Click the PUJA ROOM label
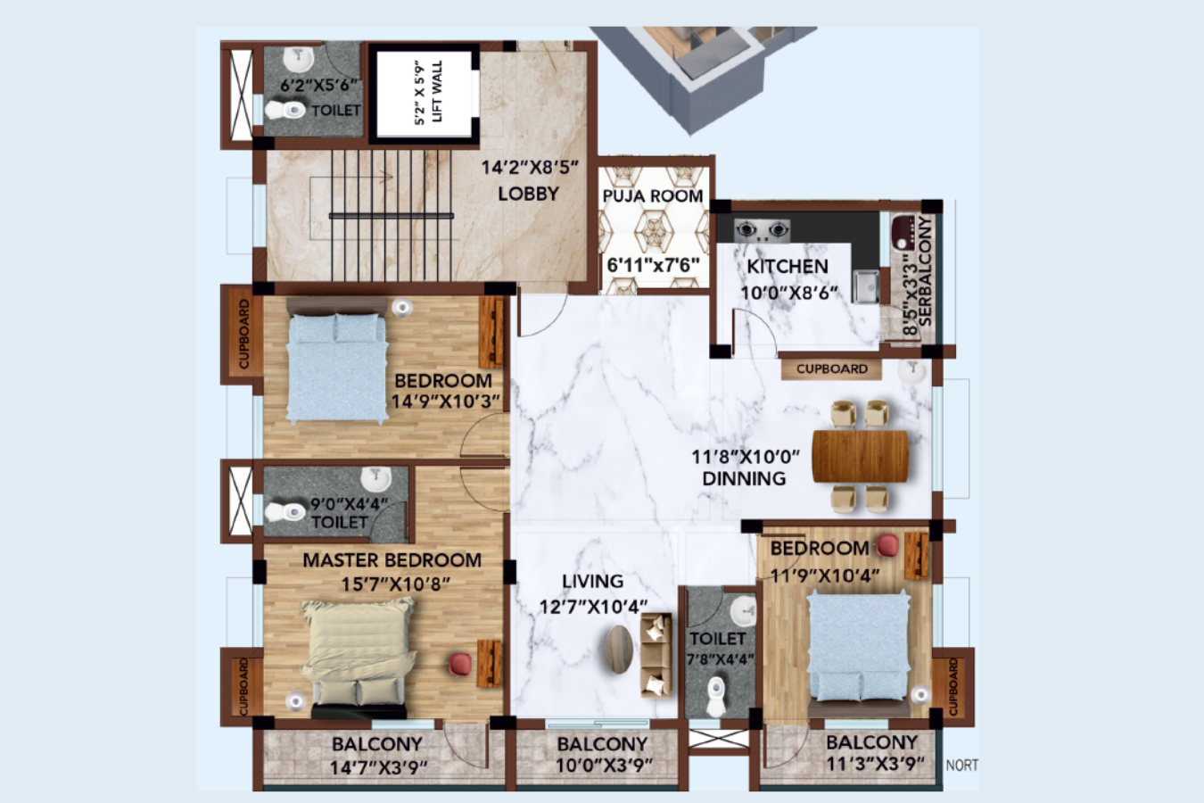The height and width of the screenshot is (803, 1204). pyautogui.click(x=653, y=195)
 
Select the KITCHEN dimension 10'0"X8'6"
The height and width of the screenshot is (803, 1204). pyautogui.click(x=789, y=293)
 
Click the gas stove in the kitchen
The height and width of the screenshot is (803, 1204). pyautogui.click(x=762, y=230)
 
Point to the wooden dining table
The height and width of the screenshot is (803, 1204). pyautogui.click(x=860, y=456)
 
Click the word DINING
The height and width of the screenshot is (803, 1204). pyautogui.click(x=744, y=478)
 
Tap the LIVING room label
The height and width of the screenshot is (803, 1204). pyautogui.click(x=592, y=582)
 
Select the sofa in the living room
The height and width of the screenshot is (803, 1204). pyautogui.click(x=656, y=657)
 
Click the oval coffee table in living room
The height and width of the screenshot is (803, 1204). pyautogui.click(x=619, y=649)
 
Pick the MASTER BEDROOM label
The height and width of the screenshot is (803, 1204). pyautogui.click(x=392, y=560)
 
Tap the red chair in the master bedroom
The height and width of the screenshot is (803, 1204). pyautogui.click(x=460, y=664)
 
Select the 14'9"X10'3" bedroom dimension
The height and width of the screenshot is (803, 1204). pyautogui.click(x=445, y=401)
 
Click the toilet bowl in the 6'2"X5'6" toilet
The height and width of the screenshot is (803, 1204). pyautogui.click(x=285, y=111)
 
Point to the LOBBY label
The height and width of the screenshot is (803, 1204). pyautogui.click(x=528, y=194)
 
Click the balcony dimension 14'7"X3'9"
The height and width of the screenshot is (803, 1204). pyautogui.click(x=378, y=767)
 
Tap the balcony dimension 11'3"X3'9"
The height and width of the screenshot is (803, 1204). pyautogui.click(x=872, y=764)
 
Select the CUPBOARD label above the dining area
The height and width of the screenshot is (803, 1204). pyautogui.click(x=831, y=368)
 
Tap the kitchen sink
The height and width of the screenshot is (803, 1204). pyautogui.click(x=864, y=286)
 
